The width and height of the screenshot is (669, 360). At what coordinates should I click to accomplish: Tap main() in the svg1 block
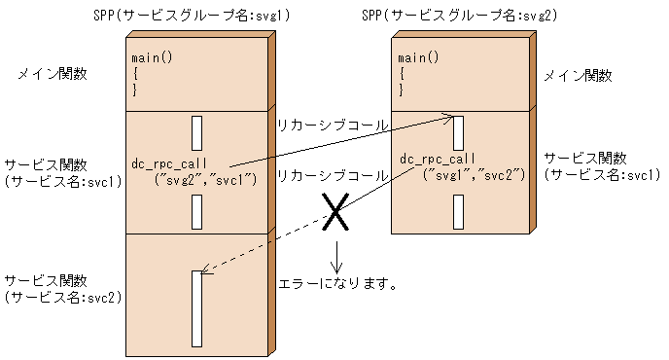(x=152, y=58)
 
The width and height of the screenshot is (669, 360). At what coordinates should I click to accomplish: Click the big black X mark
(x=335, y=213)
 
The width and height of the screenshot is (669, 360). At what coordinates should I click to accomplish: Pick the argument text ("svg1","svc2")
(x=474, y=174)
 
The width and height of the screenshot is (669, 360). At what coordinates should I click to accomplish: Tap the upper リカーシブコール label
(x=333, y=126)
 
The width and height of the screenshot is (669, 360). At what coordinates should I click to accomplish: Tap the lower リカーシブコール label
(x=333, y=176)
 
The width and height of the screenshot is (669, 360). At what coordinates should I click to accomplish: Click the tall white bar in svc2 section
(x=197, y=308)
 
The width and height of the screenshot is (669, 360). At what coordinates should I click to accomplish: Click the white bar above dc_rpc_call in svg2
(x=458, y=133)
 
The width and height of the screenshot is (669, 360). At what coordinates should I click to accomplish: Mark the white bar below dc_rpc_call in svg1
(x=197, y=210)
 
